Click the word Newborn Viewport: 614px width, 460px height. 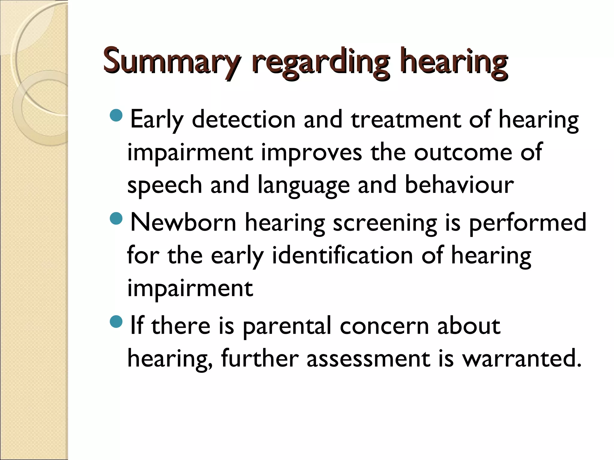[183, 223]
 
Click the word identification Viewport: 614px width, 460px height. [342, 256]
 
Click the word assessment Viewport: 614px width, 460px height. [368, 359]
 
